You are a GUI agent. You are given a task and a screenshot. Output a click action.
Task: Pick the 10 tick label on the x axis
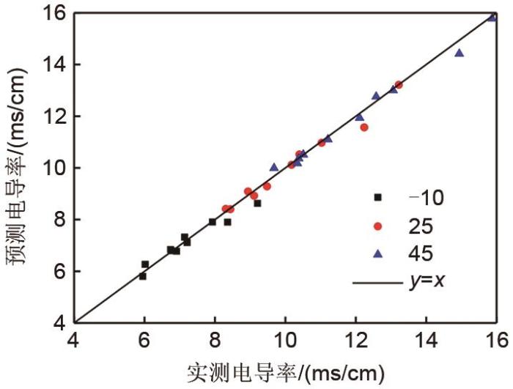[285, 341]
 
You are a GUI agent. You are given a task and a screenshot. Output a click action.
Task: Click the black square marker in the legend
[378, 197]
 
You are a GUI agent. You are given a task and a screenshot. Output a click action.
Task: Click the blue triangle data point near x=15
[460, 53]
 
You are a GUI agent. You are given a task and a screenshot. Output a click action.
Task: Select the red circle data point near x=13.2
[399, 85]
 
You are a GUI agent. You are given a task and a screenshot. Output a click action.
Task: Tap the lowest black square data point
[143, 276]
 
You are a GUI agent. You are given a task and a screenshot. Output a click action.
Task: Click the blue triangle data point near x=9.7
[274, 167]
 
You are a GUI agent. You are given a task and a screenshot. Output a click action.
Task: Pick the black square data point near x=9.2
[258, 203]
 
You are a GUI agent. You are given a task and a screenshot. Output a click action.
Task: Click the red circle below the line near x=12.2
[364, 127]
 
